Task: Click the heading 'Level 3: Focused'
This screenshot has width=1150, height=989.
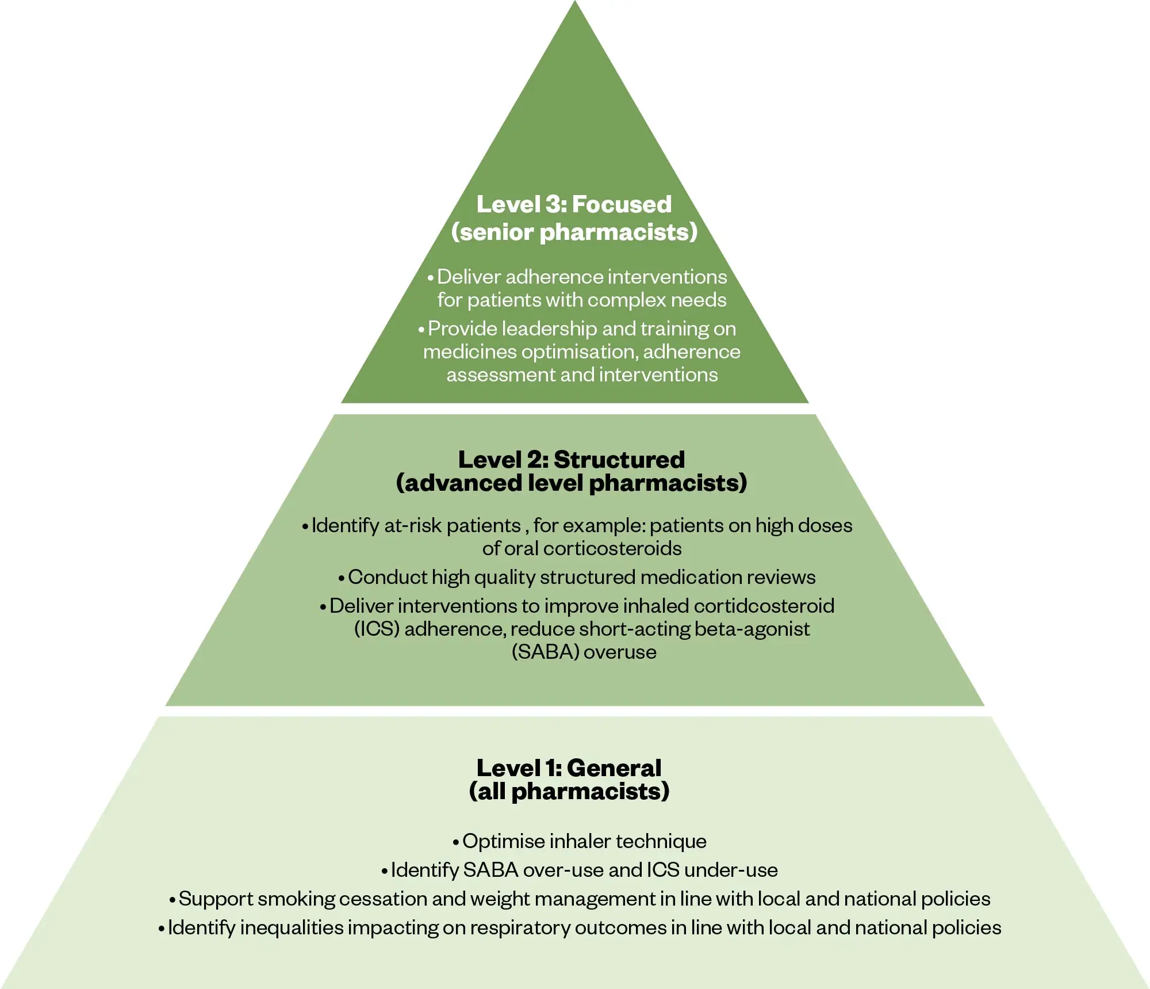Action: click(574, 204)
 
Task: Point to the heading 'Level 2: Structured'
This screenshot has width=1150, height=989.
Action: click(572, 460)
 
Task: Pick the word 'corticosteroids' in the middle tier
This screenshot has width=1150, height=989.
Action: click(612, 548)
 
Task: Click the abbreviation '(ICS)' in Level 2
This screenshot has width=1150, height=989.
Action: click(377, 629)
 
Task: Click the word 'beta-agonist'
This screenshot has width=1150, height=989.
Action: click(752, 629)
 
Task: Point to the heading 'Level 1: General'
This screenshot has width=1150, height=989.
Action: click(569, 768)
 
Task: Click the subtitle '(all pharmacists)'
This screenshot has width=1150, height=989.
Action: click(569, 791)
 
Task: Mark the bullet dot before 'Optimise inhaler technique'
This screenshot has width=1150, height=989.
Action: click(456, 842)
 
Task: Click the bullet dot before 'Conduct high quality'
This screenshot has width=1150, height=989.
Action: click(342, 578)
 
